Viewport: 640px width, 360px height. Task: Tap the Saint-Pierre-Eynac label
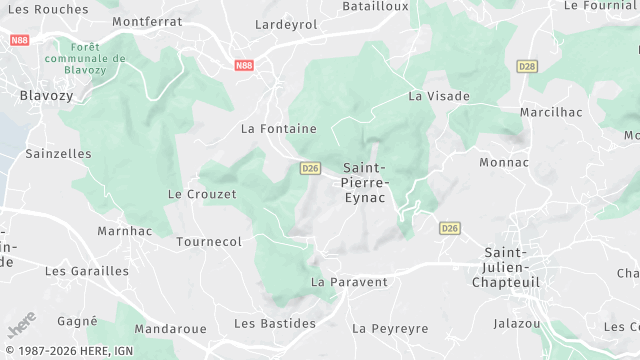(366, 183)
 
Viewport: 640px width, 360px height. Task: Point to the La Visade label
(438, 96)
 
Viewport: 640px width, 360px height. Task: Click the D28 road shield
(527, 66)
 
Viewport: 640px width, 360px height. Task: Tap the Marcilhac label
(551, 112)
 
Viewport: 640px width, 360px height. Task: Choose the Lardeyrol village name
(286, 24)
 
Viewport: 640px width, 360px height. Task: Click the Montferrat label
(148, 21)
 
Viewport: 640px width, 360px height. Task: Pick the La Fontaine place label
(279, 128)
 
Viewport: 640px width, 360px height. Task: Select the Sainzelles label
(58, 154)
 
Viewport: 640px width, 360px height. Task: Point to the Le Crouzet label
(202, 194)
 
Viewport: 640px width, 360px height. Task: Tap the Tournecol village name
(209, 242)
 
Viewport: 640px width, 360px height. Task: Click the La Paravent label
(349, 282)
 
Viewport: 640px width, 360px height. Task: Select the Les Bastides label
(275, 323)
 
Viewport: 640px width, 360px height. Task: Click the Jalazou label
(517, 323)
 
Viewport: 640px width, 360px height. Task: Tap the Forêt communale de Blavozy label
(93, 58)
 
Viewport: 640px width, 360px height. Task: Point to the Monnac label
(504, 161)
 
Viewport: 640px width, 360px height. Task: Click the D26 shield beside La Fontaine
(310, 168)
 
